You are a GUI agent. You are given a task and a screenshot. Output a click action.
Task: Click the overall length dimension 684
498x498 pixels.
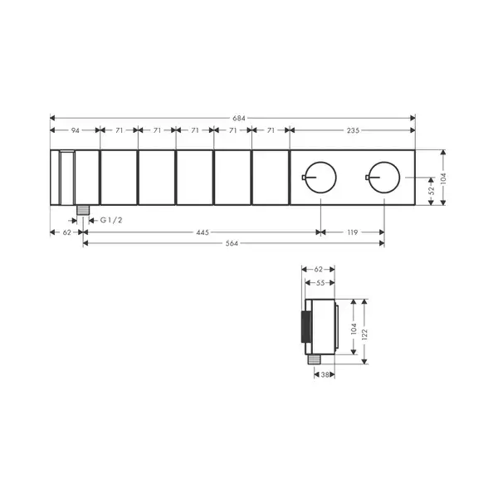coord(239,118)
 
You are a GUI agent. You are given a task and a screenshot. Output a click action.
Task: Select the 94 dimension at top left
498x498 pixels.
coord(76,130)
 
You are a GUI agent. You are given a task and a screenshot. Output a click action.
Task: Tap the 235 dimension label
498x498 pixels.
coord(353,130)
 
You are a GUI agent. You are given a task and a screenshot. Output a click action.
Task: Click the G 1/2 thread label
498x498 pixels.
coord(111,220)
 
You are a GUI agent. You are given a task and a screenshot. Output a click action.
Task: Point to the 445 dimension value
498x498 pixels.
coord(203,232)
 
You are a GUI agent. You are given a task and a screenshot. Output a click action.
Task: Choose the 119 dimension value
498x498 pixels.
coord(353,232)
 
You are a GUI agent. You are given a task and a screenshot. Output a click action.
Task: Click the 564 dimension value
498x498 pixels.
coord(232,243)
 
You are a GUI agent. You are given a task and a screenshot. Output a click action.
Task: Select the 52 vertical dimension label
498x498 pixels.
coord(432,191)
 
